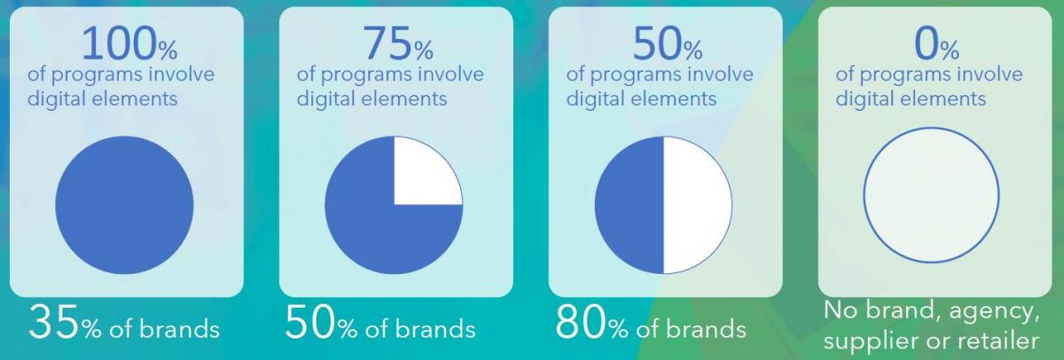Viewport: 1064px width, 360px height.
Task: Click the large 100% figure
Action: [x=129, y=43]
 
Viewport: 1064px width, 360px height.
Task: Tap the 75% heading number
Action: [x=398, y=43]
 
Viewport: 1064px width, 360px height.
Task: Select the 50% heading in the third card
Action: [x=668, y=43]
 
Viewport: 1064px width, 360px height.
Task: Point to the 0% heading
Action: [x=936, y=43]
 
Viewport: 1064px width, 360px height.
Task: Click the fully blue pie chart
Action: [x=124, y=205]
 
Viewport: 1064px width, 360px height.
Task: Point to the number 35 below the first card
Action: [x=54, y=323]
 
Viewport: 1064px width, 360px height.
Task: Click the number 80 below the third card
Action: [x=581, y=323]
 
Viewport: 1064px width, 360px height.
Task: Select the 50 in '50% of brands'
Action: [x=310, y=323]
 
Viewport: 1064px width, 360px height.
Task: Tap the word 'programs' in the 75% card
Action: [x=370, y=75]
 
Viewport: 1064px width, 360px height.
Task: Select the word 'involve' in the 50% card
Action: [x=720, y=74]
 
